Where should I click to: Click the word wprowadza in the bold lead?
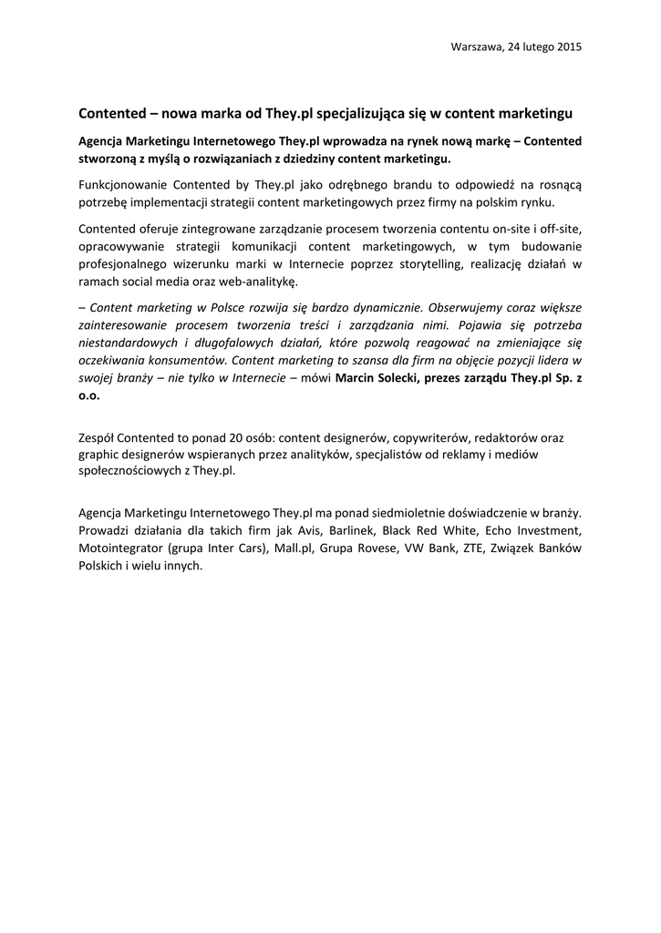pyautogui.click(x=356, y=141)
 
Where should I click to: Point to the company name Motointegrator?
pyautogui.click(x=120, y=548)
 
